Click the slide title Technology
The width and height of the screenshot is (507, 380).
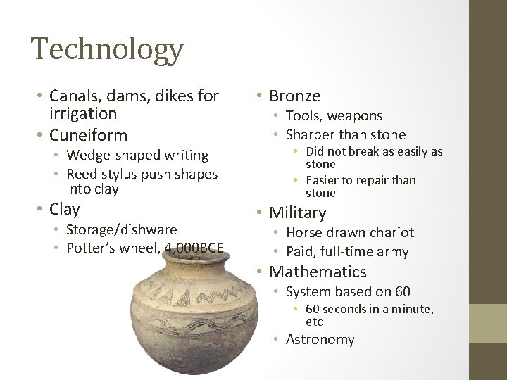[107, 50]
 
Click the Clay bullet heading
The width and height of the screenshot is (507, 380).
[65, 209]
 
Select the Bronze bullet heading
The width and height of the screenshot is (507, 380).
[296, 95]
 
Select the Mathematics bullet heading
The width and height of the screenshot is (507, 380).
[318, 272]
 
